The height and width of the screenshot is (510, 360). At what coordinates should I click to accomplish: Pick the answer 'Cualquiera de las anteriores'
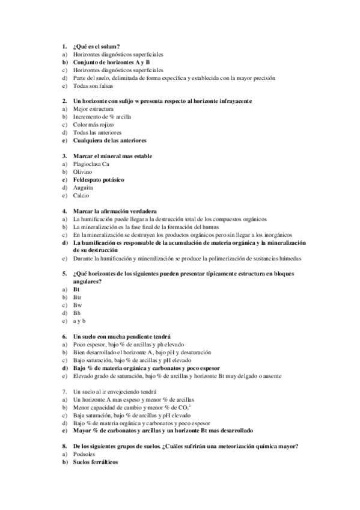tap(109, 140)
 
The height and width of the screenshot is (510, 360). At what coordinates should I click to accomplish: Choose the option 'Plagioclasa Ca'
tap(91, 164)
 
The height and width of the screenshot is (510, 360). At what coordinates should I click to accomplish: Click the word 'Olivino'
tap(83, 171)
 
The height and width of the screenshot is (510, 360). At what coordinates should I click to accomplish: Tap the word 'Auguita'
tap(84, 187)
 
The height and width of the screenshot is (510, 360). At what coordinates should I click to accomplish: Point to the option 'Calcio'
tap(81, 195)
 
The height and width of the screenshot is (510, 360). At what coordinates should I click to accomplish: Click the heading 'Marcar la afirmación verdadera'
tap(115, 211)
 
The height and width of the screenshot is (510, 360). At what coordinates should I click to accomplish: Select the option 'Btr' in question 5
tap(77, 297)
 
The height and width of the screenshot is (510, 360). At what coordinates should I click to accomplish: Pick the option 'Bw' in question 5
tap(78, 305)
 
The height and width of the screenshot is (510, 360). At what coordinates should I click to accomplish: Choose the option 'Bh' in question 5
tap(77, 313)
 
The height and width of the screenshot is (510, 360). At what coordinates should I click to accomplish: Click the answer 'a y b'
tap(79, 321)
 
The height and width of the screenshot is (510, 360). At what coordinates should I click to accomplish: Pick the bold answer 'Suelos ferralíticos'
tap(96, 462)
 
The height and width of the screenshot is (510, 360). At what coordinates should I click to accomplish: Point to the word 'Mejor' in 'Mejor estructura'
tap(81, 109)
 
